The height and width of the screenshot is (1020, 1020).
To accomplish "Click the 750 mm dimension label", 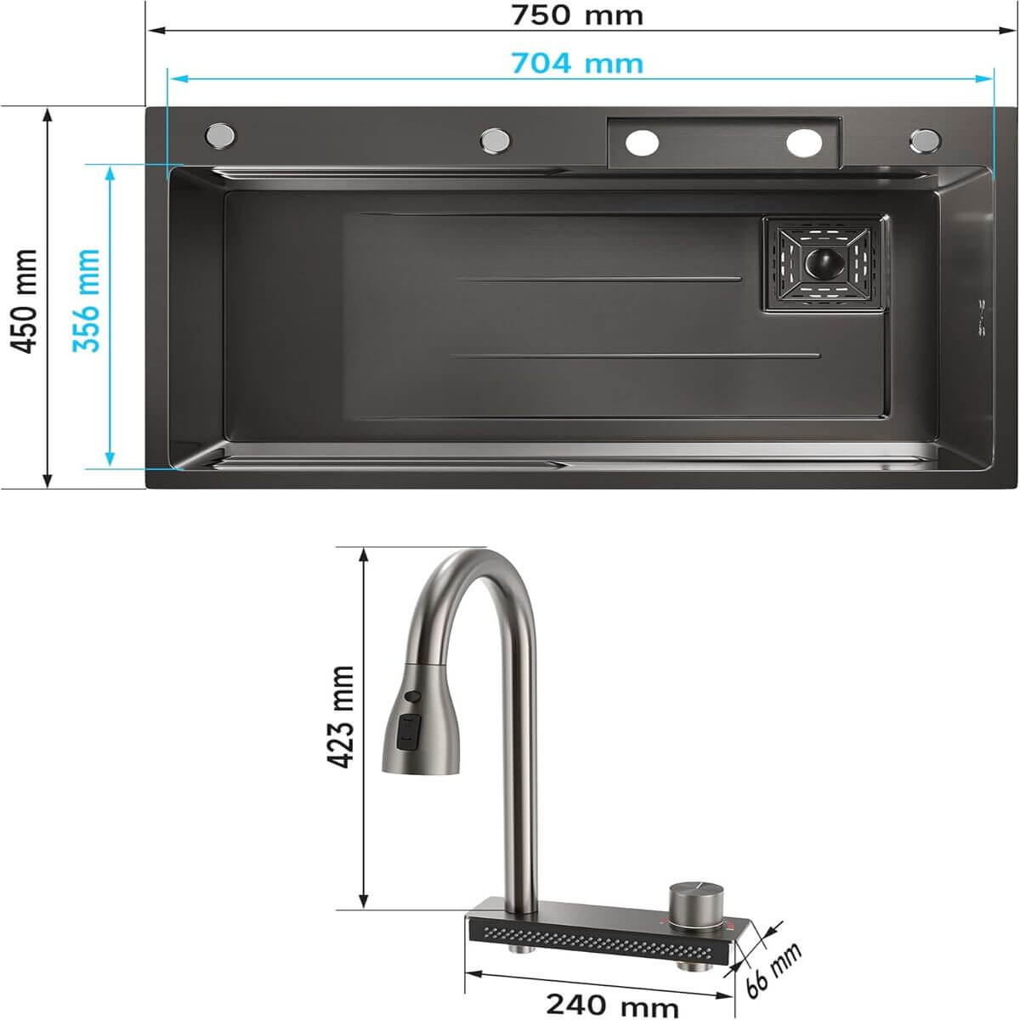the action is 577,16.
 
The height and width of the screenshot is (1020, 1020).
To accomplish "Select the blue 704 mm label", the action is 577,64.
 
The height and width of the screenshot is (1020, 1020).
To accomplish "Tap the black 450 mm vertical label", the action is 25,301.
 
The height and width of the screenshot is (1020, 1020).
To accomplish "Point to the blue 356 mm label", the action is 87,300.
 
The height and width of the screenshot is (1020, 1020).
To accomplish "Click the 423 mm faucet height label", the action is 340,717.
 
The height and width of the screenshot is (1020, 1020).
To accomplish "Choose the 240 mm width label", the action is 612,1004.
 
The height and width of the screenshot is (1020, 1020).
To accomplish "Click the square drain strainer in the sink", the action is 825,263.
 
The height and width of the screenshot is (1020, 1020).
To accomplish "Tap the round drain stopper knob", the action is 824,262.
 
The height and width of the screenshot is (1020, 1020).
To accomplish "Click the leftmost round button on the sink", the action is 220,135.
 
